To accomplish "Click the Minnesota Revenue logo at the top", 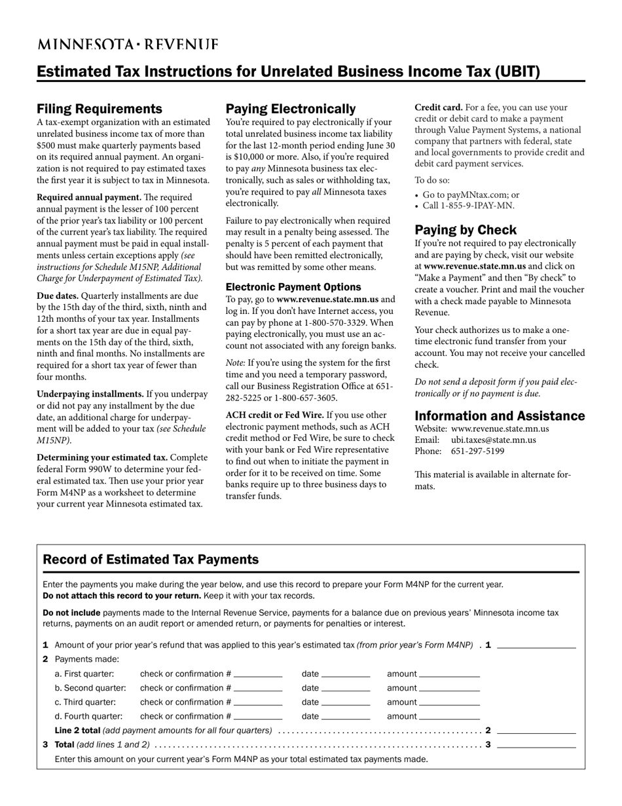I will [x=128, y=45].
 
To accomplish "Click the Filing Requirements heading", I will [x=99, y=109].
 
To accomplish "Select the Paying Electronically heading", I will [x=291, y=109].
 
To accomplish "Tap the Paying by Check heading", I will [x=466, y=230].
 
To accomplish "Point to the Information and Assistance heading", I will [x=500, y=416].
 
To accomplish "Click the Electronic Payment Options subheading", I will [x=293, y=287].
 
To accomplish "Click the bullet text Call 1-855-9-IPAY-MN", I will [x=468, y=206].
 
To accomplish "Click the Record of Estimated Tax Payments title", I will [x=151, y=560].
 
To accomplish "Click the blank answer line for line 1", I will [x=536, y=646].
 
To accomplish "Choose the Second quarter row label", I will [x=90, y=688].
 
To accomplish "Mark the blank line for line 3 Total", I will [x=536, y=746].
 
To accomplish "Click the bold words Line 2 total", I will [x=77, y=730].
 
